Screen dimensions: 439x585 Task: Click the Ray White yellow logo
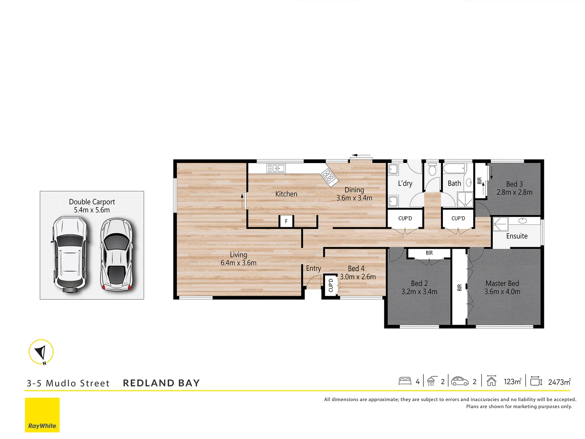[42, 415]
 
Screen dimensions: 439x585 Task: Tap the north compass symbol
[41, 352]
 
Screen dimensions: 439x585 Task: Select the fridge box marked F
[286, 221]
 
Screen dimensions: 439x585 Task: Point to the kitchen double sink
[276, 168]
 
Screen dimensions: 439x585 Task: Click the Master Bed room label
[502, 283]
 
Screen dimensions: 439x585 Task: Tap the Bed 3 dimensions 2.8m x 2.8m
[514, 192]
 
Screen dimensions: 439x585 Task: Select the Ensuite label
[517, 236]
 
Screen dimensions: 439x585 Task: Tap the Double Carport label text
[92, 202]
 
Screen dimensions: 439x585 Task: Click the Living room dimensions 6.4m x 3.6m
[238, 263]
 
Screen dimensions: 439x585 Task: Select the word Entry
[313, 268]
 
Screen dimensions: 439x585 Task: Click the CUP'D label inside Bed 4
[331, 285]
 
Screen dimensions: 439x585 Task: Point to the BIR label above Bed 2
[429, 253]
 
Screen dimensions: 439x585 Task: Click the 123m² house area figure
[512, 382]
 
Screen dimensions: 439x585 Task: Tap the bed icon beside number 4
[405, 381]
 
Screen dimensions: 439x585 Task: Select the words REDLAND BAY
[161, 383]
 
